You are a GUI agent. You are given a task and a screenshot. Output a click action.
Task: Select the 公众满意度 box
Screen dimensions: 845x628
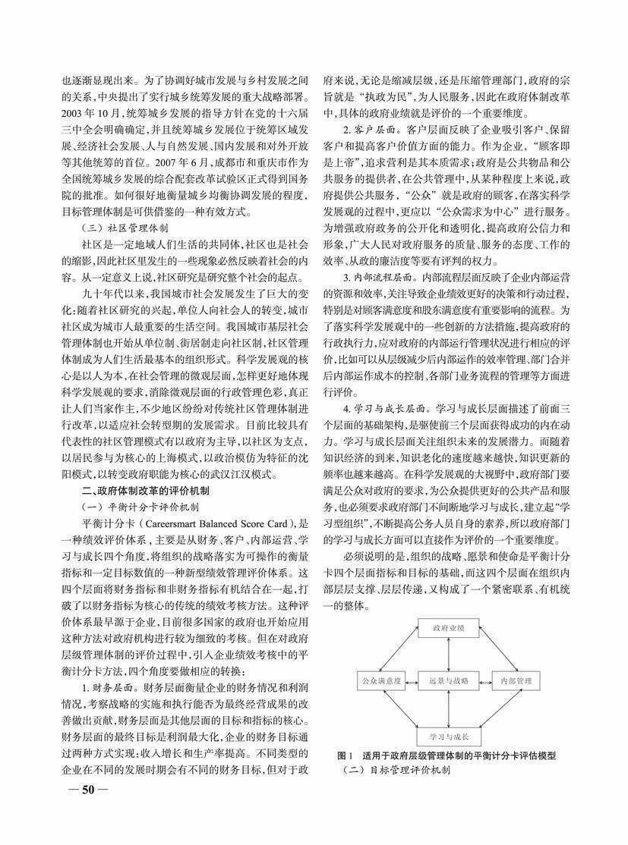380,680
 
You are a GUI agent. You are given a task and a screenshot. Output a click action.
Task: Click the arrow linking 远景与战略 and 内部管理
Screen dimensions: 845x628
484,680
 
